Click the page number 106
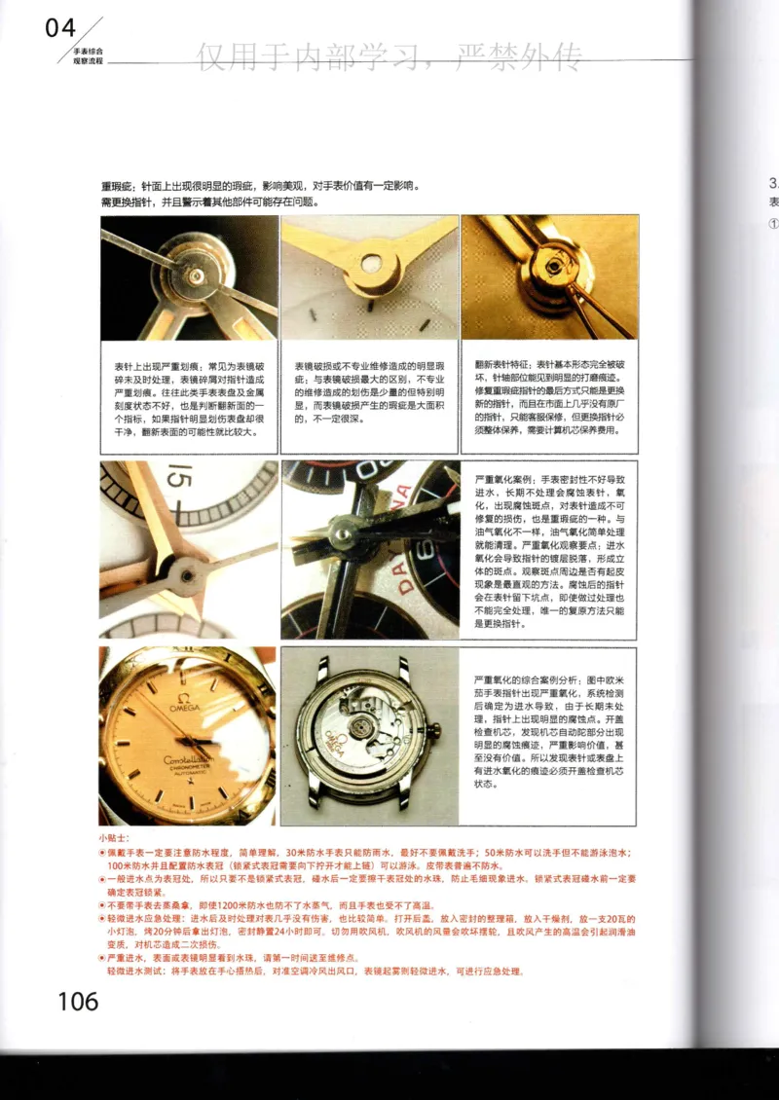pyautogui.click(x=78, y=1001)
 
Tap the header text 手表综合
pyautogui.click(x=89, y=49)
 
